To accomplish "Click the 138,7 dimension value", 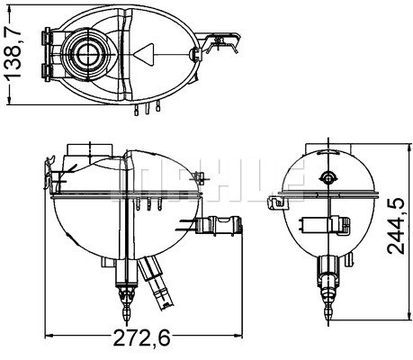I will coord(13,53).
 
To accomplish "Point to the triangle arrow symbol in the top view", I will coord(147,55).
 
